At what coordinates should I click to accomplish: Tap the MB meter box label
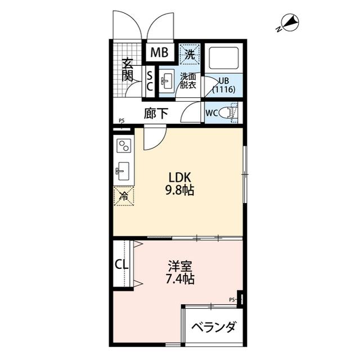coord(159,53)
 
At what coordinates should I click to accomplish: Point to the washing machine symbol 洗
coord(190,54)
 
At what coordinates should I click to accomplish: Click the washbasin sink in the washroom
coord(167,82)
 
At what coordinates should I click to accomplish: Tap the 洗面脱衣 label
coord(188,81)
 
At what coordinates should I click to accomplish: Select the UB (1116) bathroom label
coord(223,84)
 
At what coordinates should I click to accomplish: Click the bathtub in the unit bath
coord(224,58)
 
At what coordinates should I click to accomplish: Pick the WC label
coord(211,112)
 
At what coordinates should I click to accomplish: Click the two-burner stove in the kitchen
coord(123,146)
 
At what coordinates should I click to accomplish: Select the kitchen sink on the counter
coord(123,169)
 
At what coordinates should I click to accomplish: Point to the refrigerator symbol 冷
coord(123,196)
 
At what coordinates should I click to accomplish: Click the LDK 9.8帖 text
coord(179,184)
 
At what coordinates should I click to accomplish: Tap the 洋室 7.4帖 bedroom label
coord(181,272)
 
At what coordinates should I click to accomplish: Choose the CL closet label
coord(120,264)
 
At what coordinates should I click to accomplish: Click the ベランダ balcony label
coord(213,327)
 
